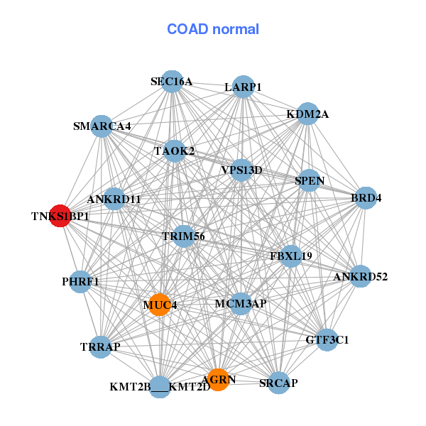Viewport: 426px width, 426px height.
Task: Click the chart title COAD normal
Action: pyautogui.click(x=213, y=30)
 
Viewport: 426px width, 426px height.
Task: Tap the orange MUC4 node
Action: pyautogui.click(x=160, y=305)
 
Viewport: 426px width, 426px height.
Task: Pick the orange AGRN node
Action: pyautogui.click(x=218, y=380)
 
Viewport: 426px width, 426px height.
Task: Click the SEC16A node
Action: pyautogui.click(x=171, y=82)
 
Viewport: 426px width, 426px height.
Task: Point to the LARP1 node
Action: pyautogui.click(x=243, y=87)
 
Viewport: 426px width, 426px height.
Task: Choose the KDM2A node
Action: pyautogui.click(x=307, y=114)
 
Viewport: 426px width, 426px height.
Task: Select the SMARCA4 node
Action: pyautogui.click(x=102, y=126)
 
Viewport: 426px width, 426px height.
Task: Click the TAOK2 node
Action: pyautogui.click(x=175, y=151)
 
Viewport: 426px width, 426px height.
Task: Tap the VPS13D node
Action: pyautogui.click(x=241, y=170)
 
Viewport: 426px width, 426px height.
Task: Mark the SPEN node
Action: pyautogui.click(x=310, y=180)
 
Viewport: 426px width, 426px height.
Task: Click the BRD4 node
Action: pyautogui.click(x=365, y=197)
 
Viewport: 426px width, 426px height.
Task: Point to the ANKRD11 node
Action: pyautogui.click(x=114, y=200)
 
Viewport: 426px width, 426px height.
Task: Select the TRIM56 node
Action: pyautogui.click(x=183, y=236)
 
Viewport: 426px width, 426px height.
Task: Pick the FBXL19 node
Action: pyautogui.click(x=290, y=255)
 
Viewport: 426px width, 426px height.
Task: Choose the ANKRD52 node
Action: pyautogui.click(x=360, y=276)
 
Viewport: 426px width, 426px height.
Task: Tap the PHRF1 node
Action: pyautogui.click(x=81, y=282)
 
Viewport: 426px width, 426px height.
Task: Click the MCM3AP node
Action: pyautogui.click(x=241, y=304)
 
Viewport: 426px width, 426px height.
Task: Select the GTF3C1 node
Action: pyautogui.click(x=327, y=340)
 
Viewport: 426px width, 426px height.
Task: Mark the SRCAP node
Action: pyautogui.click(x=278, y=383)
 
